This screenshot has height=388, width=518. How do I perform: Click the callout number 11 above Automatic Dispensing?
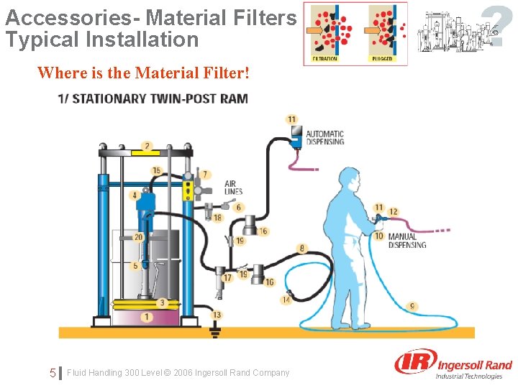(x=291, y=119)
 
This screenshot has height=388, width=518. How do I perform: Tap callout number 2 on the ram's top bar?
(x=147, y=147)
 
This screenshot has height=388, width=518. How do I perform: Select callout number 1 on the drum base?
(x=147, y=316)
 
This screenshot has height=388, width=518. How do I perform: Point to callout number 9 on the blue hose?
(x=412, y=306)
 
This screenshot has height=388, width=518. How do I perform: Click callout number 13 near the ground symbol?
(x=217, y=315)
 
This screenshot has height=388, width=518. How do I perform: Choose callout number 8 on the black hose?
(x=301, y=249)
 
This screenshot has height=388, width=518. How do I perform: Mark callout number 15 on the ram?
(x=156, y=170)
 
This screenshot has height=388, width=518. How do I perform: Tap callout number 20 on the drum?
(x=138, y=237)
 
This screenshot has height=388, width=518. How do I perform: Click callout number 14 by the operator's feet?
(x=286, y=300)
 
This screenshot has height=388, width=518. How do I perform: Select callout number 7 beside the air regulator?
(x=205, y=174)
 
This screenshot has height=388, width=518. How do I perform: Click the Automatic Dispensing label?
(x=324, y=137)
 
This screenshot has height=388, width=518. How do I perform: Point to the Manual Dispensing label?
(x=406, y=241)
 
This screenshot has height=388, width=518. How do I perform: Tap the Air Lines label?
(x=233, y=188)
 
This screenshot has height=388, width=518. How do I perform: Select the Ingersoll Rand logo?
(x=453, y=364)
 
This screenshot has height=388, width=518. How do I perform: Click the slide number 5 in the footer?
(x=53, y=373)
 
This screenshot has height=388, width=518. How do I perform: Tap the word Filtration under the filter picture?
(x=324, y=59)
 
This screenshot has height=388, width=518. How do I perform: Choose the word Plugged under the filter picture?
(x=382, y=59)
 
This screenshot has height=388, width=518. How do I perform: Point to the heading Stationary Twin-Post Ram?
(x=153, y=98)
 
